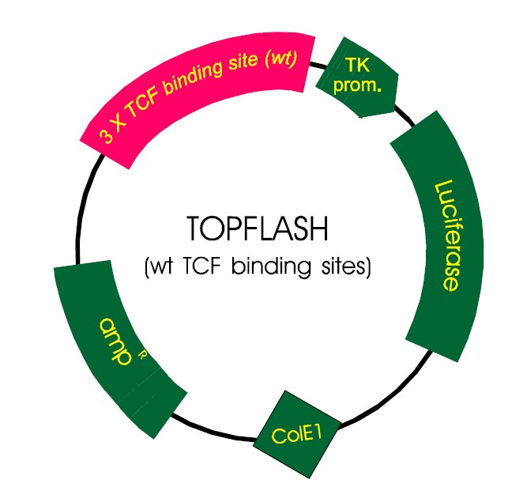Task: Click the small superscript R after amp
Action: coord(143,354)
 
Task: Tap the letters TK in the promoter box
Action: coord(347,66)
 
